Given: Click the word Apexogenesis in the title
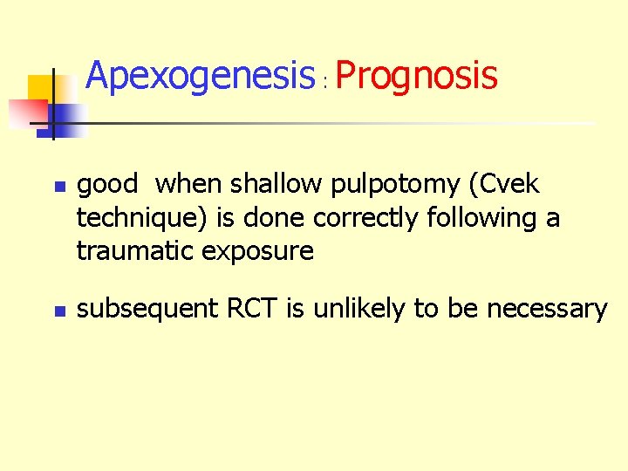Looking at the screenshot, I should pos(200,76).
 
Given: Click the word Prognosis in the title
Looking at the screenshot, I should pos(416,76).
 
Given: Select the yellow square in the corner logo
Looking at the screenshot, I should pos(42,89).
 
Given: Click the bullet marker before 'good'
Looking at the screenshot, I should pos(58,187).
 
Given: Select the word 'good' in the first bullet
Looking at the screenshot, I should pos(107,185).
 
